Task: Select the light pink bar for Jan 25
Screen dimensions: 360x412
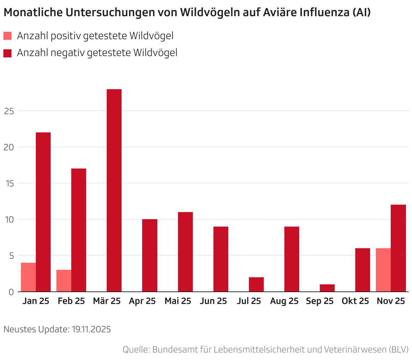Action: [28, 277]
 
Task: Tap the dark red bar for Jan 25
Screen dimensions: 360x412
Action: [43, 212]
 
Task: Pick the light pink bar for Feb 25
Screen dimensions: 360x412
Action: [64, 281]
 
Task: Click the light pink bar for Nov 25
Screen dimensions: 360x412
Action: [383, 270]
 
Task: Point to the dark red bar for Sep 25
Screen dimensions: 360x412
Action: [327, 288]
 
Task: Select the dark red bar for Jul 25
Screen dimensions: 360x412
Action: [256, 284]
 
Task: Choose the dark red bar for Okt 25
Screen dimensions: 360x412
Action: [363, 270]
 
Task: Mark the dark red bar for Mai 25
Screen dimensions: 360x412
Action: [185, 252]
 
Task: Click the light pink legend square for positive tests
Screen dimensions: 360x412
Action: [7, 36]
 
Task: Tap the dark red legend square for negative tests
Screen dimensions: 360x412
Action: [7, 53]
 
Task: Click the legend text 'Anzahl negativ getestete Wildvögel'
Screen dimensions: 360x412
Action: [97, 53]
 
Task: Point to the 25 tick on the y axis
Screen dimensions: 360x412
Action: [9, 111]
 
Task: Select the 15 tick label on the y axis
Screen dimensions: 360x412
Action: [9, 183]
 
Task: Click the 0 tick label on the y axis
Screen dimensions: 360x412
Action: [11, 292]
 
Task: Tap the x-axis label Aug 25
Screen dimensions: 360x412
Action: [284, 301]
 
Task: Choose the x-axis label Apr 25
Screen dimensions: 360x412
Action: [142, 301]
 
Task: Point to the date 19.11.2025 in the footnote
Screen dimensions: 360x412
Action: [91, 329]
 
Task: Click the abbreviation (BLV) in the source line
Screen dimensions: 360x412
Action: [398, 349]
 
